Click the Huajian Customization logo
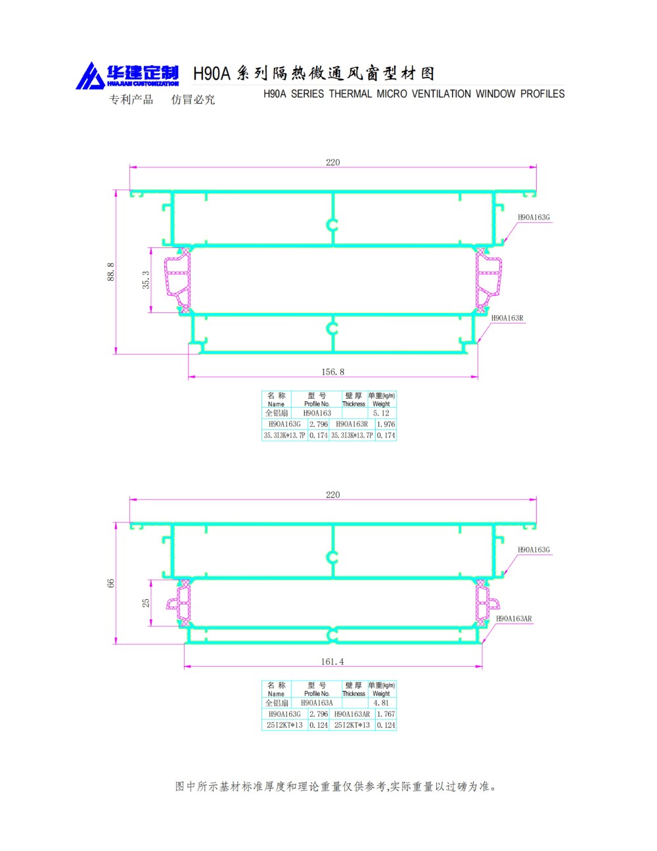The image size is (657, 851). pyautogui.click(x=127, y=76)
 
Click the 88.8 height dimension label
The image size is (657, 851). pyautogui.click(x=111, y=272)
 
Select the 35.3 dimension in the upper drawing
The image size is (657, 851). pyautogui.click(x=146, y=280)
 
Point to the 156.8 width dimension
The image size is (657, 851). pyautogui.click(x=332, y=372)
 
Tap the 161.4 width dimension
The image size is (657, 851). pyautogui.click(x=332, y=662)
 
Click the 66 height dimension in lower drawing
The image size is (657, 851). pyautogui.click(x=111, y=583)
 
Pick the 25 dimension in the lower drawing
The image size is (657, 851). pyautogui.click(x=146, y=602)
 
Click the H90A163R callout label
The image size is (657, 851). pyautogui.click(x=507, y=318)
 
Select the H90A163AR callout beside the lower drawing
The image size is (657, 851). pyautogui.click(x=514, y=619)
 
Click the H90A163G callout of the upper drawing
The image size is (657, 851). pyautogui.click(x=533, y=218)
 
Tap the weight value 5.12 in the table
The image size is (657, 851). pyautogui.click(x=381, y=414)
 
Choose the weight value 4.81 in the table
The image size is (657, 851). pyautogui.click(x=381, y=703)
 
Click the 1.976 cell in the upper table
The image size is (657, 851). pyautogui.click(x=386, y=424)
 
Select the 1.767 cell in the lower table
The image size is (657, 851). pyautogui.click(x=386, y=714)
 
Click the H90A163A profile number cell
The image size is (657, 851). pyautogui.click(x=317, y=703)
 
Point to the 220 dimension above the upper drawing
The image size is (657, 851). pyautogui.click(x=332, y=162)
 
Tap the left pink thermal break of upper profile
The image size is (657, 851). pyautogui.click(x=179, y=280)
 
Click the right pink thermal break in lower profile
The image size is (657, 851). pyautogui.click(x=486, y=602)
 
